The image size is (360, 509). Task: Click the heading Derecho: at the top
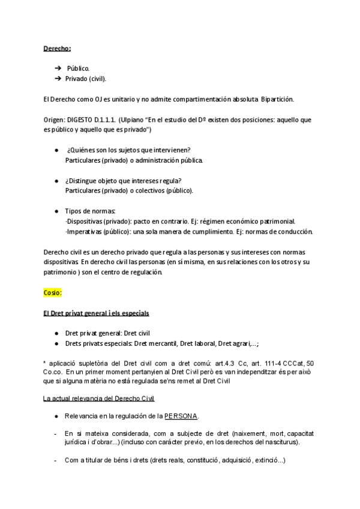point(58,48)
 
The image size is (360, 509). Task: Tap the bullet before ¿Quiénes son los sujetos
point(55,149)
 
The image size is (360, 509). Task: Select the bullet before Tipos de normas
point(55,211)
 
